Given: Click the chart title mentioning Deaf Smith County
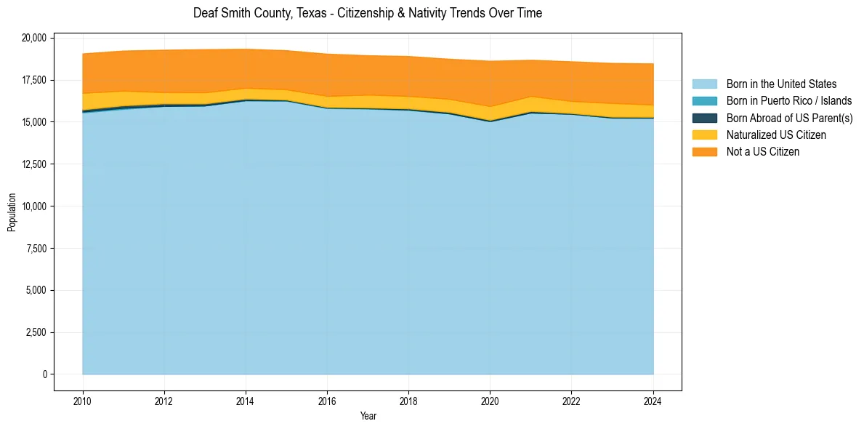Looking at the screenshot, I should pos(368,13).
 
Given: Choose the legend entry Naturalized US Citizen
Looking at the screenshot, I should pos(776,135).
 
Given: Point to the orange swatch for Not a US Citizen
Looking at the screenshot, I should pos(704,152).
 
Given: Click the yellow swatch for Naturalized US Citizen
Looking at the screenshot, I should pos(704,135).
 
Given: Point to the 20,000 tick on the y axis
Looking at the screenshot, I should pos(34,38).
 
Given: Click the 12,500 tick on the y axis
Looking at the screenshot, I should pos(34,164).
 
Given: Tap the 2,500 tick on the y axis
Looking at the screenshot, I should pos(36,333).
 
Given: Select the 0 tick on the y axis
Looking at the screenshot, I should pos(44,374).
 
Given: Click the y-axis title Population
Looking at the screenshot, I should pos(12,212).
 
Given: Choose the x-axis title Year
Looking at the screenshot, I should pos(368,416).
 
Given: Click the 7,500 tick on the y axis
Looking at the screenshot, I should pos(36,249).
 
